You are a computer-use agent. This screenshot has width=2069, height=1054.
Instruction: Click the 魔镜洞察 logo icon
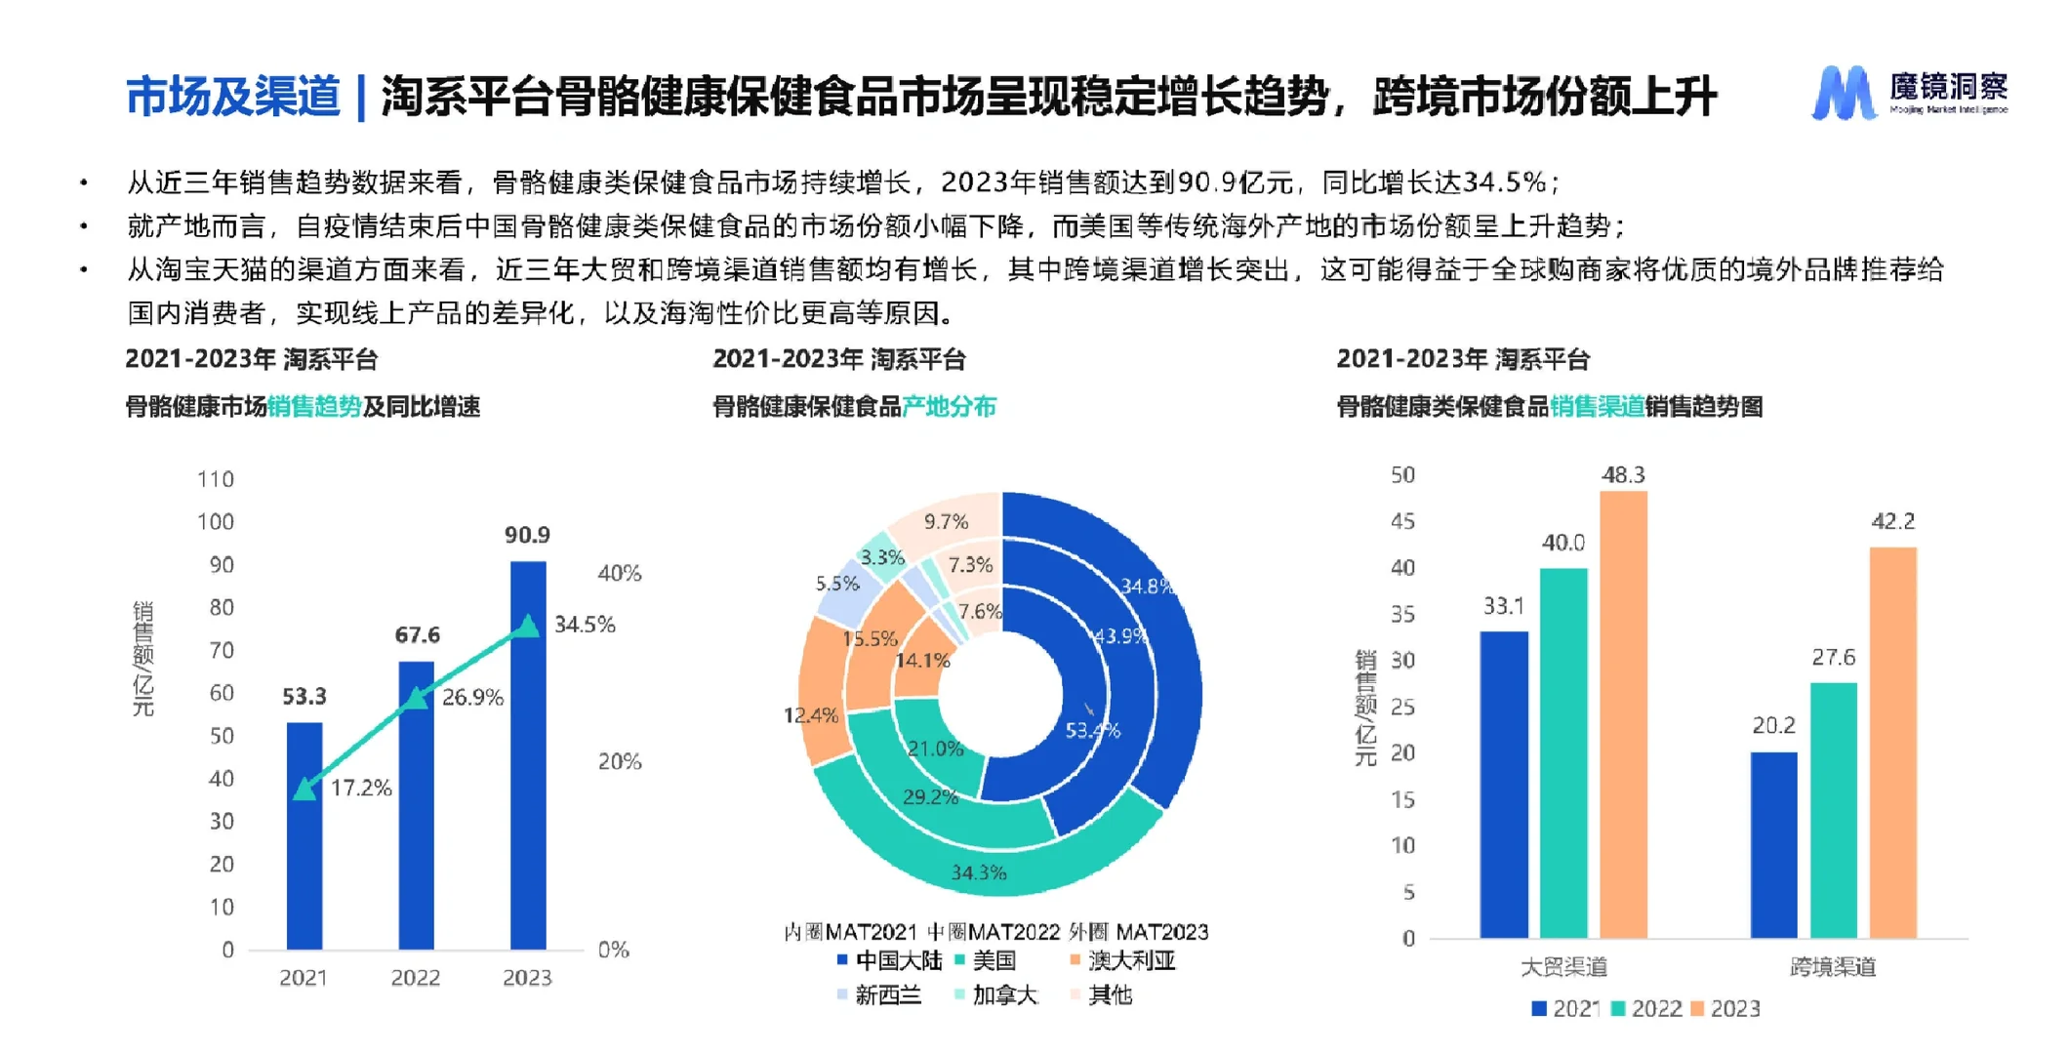[1843, 94]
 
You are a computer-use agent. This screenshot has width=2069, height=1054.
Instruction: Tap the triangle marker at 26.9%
[417, 698]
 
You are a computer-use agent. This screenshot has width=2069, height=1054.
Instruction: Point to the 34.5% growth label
[585, 625]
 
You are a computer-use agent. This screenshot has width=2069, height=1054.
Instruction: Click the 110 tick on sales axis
[216, 479]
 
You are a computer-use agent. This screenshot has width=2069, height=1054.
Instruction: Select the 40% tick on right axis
[619, 573]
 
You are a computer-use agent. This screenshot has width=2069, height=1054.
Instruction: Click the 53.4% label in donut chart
[1092, 730]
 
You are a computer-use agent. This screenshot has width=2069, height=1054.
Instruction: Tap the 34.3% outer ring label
[978, 872]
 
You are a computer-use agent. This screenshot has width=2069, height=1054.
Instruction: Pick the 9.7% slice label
[946, 521]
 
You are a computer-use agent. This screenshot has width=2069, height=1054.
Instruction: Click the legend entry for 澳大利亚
[1130, 960]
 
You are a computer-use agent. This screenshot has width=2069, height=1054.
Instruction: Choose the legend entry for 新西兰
[887, 994]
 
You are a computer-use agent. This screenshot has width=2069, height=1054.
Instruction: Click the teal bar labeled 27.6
[1833, 810]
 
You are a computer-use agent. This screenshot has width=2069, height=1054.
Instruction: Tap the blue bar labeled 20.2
[1773, 844]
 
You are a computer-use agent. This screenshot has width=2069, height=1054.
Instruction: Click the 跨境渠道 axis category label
[1832, 966]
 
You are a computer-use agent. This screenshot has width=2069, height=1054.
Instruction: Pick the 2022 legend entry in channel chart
[1655, 1008]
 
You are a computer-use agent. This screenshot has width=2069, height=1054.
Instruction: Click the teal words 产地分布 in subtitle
[949, 406]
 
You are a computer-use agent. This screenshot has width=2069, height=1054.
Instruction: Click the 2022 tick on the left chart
[416, 977]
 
